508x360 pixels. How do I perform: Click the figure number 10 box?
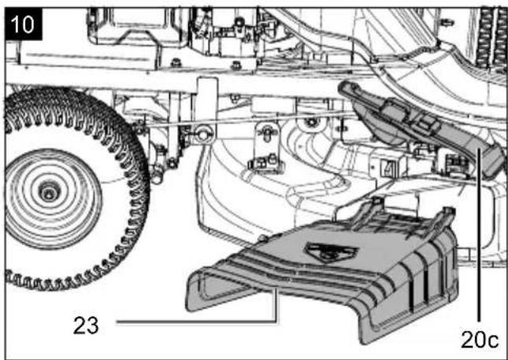(24, 24)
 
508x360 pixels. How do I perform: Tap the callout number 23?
(86, 325)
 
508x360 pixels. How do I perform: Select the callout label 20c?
(480, 340)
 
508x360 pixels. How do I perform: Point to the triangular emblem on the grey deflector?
(331, 251)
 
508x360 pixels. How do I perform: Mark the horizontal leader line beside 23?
(196, 321)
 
